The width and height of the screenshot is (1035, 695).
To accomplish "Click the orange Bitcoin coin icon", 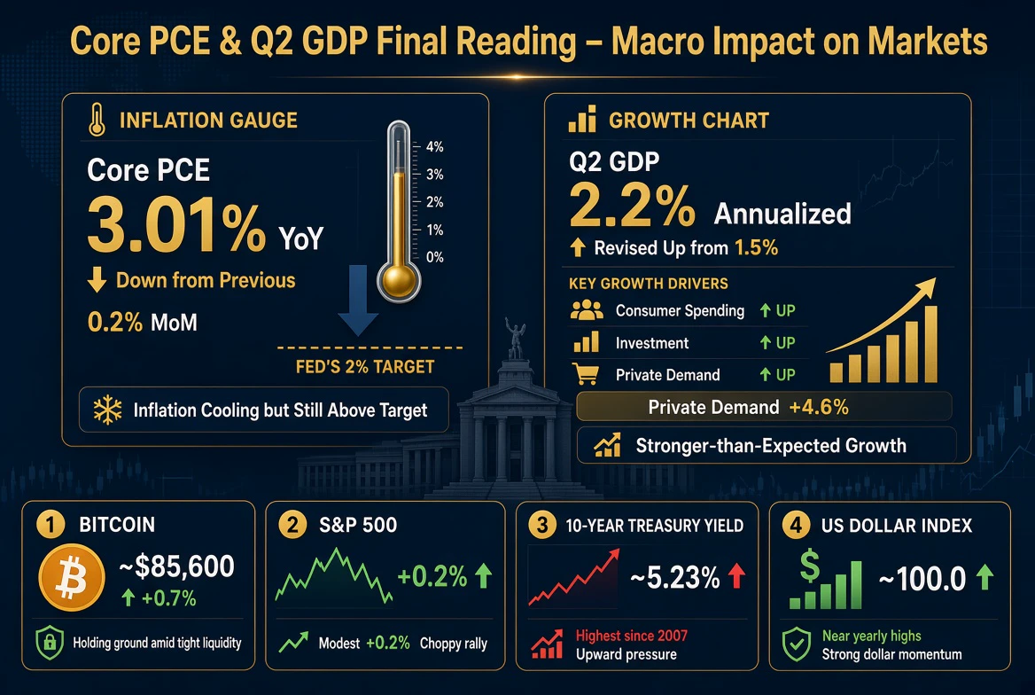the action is click(71, 577).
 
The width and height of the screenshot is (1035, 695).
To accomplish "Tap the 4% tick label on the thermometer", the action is click(434, 146).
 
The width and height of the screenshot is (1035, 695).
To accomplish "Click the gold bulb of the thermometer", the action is click(399, 280).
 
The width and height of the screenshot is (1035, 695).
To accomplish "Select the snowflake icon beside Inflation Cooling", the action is click(107, 410).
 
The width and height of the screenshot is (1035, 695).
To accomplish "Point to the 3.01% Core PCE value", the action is click(176, 225).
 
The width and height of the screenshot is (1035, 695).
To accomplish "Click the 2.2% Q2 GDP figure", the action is click(632, 205).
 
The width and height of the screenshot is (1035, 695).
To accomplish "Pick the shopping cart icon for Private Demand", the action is click(586, 374).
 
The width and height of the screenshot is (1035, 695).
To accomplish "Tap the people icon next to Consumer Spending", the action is click(586, 310).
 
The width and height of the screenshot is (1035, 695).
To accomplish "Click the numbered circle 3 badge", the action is click(542, 525).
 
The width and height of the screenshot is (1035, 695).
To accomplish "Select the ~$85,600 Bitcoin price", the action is click(177, 566).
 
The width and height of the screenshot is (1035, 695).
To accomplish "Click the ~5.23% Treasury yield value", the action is click(674, 578).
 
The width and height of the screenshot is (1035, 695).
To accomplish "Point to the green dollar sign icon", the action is click(810, 566).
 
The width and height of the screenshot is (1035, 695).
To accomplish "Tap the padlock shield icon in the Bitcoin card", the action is click(50, 642).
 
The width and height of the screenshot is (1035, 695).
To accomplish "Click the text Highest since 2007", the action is click(632, 636).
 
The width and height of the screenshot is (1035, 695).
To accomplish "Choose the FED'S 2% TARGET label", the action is click(365, 367).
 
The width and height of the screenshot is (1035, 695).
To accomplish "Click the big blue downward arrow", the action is click(358, 300).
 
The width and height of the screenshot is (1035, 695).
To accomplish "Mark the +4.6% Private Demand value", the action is click(819, 407).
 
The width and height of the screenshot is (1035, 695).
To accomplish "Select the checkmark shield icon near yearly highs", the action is click(797, 644).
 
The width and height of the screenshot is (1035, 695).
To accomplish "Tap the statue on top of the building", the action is click(515, 339).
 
